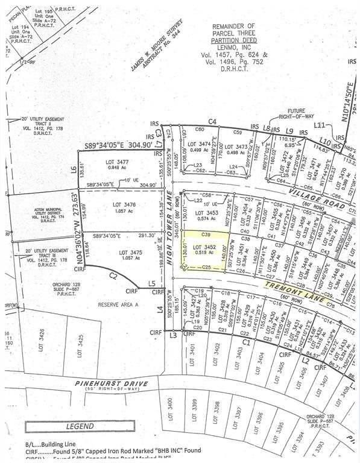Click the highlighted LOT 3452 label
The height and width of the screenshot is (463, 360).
203,247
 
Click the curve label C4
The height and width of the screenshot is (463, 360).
212,122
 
